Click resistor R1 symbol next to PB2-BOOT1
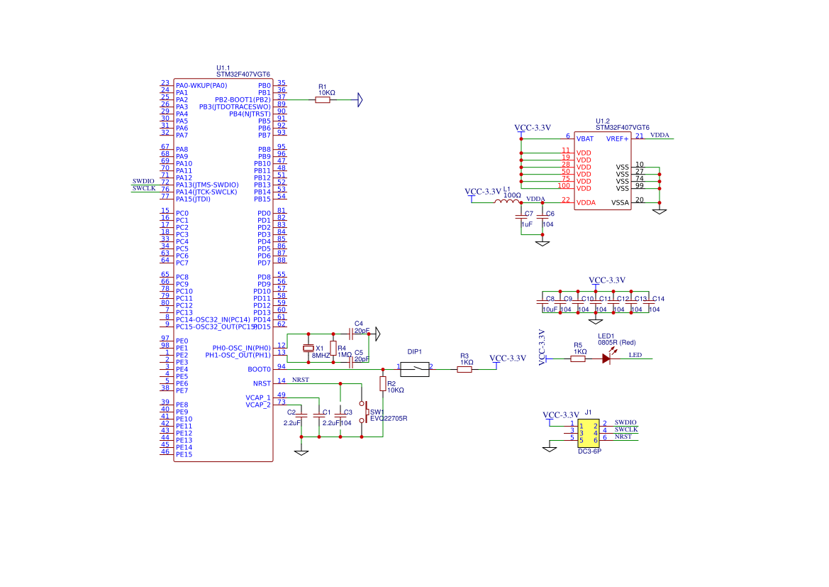[323, 100]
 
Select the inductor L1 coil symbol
[506, 202]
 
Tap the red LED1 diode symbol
[606, 358]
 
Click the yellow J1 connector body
[589, 432]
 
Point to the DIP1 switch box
[414, 369]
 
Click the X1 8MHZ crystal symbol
[308, 348]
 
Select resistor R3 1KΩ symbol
[464, 369]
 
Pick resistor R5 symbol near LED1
[578, 358]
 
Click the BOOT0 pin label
[259, 369]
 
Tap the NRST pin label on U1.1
[262, 383]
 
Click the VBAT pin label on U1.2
[585, 139]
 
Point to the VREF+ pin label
[617, 139]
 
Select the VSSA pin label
[620, 203]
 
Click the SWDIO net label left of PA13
[143, 182]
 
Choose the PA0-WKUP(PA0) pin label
[201, 86]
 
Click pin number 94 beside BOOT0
[282, 366]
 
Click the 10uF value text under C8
[550, 309]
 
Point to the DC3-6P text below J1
[589, 451]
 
